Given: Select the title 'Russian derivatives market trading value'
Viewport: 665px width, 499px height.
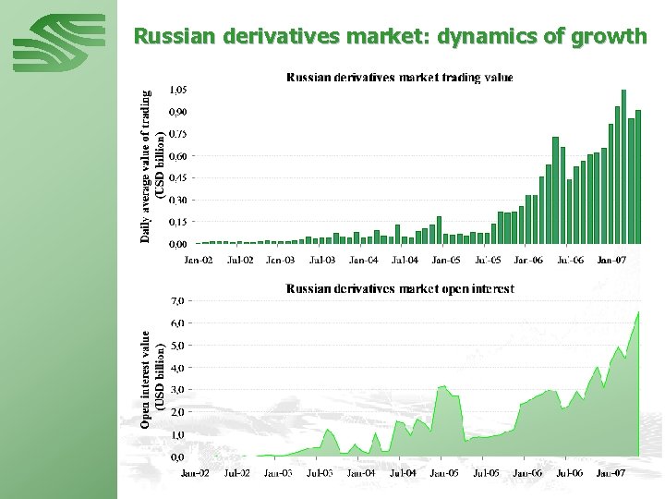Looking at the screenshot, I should tap(400, 78).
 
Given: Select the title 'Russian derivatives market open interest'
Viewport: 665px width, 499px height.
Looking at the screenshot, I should tap(400, 289).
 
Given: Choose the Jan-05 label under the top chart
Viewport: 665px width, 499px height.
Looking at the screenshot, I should tap(446, 261).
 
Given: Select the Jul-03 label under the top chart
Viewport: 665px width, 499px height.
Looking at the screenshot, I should tap(322, 261).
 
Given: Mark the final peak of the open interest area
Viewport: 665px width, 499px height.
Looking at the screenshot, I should tap(637, 313).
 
